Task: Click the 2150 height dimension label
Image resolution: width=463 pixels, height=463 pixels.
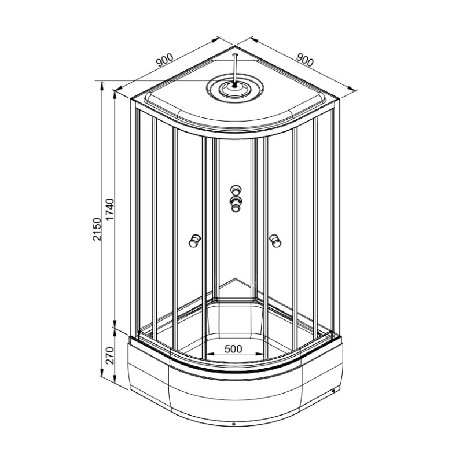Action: pos(97,229)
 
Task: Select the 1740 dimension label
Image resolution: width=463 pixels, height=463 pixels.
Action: pos(109,210)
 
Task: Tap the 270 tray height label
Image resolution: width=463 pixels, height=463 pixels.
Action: pos(109,355)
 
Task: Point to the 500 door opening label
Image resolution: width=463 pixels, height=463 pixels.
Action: pos(233,349)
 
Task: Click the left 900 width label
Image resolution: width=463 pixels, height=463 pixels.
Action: pos(164,60)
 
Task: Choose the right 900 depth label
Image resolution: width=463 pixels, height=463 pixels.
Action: pos(304,60)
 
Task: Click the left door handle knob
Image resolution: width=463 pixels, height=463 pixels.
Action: pos(194,240)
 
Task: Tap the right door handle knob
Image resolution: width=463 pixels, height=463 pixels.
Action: pos(275,240)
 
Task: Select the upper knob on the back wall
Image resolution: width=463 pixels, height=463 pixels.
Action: pos(236,189)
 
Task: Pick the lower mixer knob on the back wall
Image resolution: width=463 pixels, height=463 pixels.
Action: pos(236,204)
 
